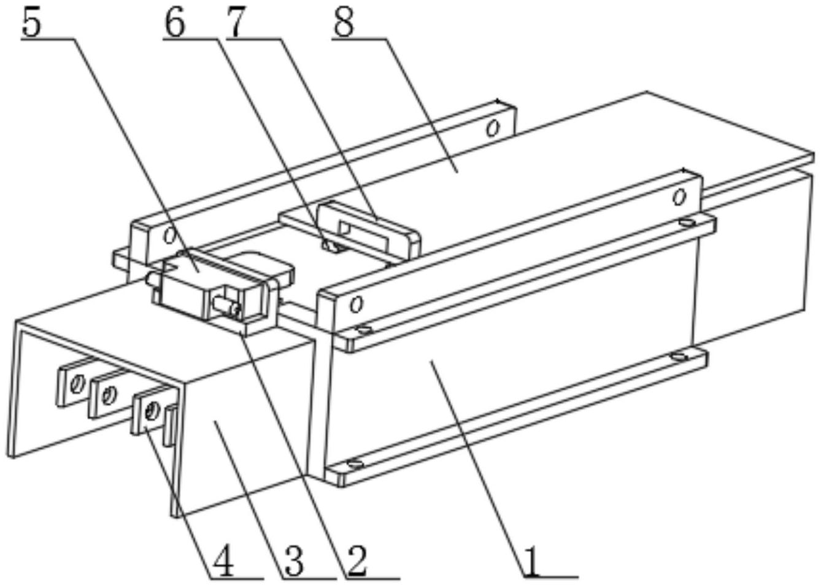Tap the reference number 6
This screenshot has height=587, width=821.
[175, 22]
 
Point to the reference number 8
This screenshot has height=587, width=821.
[344, 22]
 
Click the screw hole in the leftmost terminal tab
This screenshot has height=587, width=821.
[76, 384]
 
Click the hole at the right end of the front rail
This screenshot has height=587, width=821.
[679, 197]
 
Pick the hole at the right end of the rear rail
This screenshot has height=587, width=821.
[493, 128]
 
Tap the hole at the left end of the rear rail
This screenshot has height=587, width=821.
[169, 236]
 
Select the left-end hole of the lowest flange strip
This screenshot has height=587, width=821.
[355, 464]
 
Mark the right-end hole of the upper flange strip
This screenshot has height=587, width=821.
[687, 222]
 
